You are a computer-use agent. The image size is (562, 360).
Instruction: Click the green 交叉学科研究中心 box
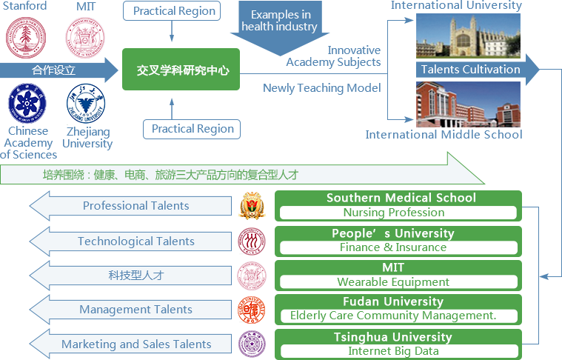point(181,70)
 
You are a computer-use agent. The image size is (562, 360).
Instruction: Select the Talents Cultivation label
point(470,70)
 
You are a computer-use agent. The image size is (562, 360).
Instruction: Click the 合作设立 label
point(54,70)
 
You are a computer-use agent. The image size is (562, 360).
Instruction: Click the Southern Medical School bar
point(400,205)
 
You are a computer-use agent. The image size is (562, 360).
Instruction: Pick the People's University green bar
point(400,241)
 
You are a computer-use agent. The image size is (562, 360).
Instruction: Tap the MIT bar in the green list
point(400,275)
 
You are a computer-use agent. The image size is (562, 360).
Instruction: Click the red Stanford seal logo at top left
point(26,38)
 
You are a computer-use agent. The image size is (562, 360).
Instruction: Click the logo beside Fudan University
point(251,310)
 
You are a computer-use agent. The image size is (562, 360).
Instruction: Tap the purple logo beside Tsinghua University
point(251,344)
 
